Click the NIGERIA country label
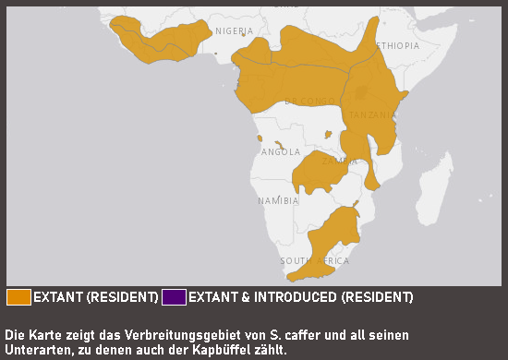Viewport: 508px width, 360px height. pyautogui.click(x=234, y=30)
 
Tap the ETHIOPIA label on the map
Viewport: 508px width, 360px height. pyautogui.click(x=394, y=45)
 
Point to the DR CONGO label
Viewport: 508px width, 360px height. pyautogui.click(x=309, y=101)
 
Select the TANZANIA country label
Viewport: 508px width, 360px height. pyautogui.click(x=372, y=115)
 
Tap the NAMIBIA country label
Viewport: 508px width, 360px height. pyautogui.click(x=278, y=200)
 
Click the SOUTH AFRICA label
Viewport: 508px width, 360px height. pyautogui.click(x=314, y=261)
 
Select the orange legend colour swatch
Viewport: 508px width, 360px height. pyautogui.click(x=18, y=297)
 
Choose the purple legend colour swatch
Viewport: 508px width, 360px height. pyautogui.click(x=174, y=297)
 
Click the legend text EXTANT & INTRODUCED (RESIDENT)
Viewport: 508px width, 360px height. pyautogui.click(x=300, y=297)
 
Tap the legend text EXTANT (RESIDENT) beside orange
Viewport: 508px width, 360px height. pyautogui.click(x=95, y=297)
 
